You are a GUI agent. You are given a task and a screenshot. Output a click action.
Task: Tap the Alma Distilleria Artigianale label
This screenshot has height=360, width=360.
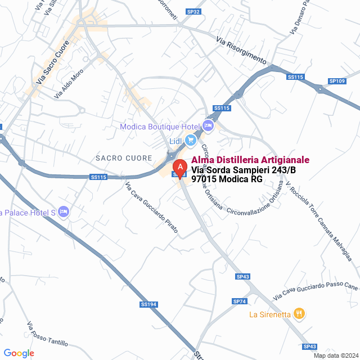(x=250, y=160)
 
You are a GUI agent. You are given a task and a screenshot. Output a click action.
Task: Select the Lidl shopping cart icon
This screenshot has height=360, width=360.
(x=191, y=140)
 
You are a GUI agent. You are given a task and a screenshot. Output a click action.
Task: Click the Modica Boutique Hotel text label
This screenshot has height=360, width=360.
(x=160, y=127)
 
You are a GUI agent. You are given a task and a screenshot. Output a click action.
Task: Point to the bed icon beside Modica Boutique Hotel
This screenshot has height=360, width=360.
(x=208, y=125)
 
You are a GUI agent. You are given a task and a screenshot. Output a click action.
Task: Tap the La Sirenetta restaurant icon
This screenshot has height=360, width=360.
(x=299, y=314)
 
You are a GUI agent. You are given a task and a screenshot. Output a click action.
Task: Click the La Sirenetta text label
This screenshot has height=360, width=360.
(x=270, y=314)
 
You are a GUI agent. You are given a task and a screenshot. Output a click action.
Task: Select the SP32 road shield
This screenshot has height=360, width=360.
(x=193, y=11)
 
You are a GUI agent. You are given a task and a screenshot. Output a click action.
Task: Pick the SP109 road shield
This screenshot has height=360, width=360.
(x=337, y=82)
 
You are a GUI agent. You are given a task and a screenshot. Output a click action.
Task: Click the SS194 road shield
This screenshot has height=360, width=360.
(x=147, y=304)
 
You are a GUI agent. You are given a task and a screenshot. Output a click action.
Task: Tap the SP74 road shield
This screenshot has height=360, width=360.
(x=240, y=301)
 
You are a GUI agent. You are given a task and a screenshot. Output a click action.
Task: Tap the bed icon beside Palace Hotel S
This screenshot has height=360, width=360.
(x=64, y=211)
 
